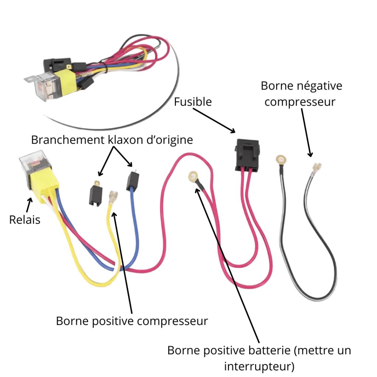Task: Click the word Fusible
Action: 193,102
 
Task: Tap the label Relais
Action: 25,220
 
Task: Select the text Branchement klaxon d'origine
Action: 112,140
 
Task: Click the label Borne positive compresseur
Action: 132,321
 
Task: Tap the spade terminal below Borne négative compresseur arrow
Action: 316,168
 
